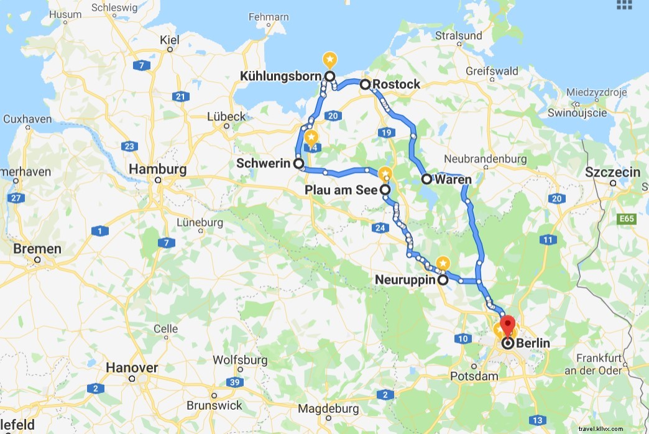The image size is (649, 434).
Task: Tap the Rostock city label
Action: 397,84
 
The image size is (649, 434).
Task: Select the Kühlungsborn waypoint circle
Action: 329,76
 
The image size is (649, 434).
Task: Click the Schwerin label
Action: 264,164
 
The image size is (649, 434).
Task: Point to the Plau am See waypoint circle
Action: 385,190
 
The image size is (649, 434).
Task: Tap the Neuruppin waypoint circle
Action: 443,280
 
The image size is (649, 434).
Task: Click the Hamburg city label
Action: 157,169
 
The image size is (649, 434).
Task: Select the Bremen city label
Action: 37,249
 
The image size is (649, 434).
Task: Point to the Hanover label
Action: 132,367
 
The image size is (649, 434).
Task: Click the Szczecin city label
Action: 613,172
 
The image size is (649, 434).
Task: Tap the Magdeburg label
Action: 328,409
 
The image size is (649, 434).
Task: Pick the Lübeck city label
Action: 226,116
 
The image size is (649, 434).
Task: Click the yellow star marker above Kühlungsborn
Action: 329,60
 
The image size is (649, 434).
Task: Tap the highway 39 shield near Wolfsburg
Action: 234,382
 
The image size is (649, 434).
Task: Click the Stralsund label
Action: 459,35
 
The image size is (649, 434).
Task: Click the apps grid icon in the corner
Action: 624,4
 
